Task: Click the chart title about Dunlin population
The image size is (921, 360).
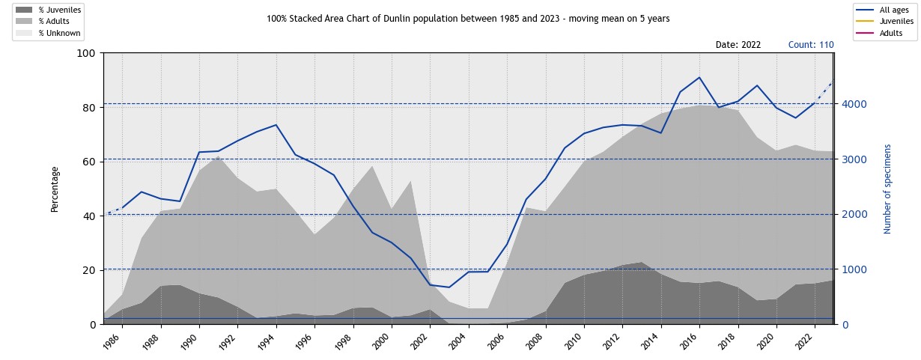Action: coord(468,18)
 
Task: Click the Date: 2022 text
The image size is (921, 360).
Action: coord(738,45)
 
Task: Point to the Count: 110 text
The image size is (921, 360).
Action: coord(811,45)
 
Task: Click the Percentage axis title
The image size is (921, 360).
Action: coord(55,189)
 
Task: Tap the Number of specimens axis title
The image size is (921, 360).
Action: coord(888,189)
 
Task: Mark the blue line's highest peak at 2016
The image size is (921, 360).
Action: coord(699,77)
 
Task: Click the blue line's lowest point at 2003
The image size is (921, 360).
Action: coord(449,287)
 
